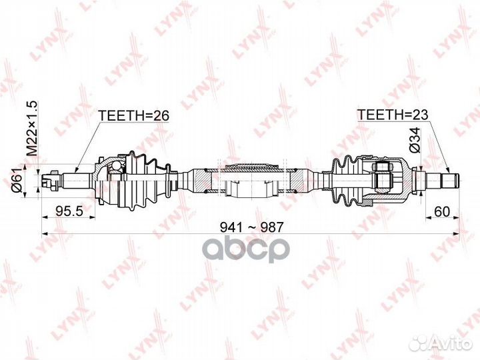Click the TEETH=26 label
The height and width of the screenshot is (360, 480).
pyautogui.click(x=134, y=115)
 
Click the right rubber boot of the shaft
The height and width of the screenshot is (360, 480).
pyautogui.click(x=345, y=179)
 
